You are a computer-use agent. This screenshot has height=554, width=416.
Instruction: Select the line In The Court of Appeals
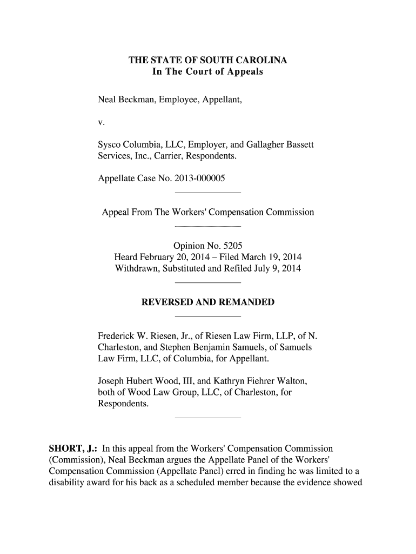point(207,71)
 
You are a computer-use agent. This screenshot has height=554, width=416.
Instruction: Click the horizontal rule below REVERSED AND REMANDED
point(208,316)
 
